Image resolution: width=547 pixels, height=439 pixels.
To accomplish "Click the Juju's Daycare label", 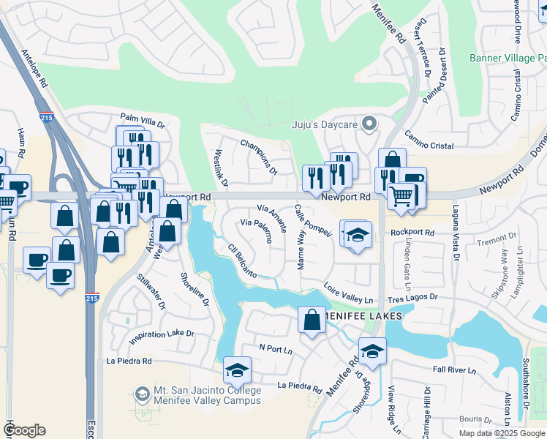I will [x=325, y=124].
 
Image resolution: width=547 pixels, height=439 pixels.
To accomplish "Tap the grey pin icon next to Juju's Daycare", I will [x=370, y=124].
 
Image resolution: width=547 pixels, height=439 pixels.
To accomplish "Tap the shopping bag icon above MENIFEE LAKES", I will [x=312, y=320].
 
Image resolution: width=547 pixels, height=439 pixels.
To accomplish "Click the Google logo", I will [x=24, y=430].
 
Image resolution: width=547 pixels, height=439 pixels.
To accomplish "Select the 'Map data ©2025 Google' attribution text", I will [x=501, y=433].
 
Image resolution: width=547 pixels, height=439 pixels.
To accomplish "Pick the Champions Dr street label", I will [x=259, y=156].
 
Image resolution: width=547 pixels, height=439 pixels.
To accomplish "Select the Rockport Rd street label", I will [x=412, y=233].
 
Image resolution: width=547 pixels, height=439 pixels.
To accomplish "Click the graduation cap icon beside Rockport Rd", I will [x=357, y=236].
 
